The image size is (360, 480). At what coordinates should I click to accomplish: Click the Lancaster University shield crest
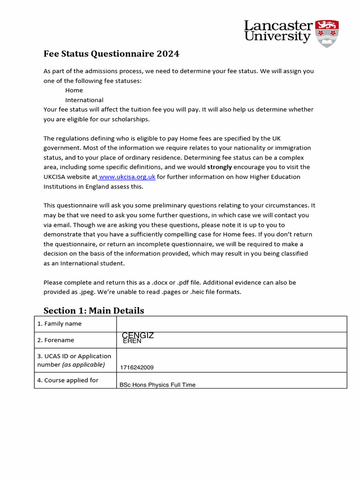(x=327, y=33)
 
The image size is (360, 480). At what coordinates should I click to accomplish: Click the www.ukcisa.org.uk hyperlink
(x=127, y=177)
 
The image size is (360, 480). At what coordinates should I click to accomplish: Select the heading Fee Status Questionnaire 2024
(x=111, y=54)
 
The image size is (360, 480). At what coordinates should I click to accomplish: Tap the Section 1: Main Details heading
(x=94, y=310)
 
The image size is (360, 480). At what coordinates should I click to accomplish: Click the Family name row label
(x=60, y=324)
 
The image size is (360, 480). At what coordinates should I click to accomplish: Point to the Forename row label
(x=56, y=340)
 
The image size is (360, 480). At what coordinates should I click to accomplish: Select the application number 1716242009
(x=136, y=367)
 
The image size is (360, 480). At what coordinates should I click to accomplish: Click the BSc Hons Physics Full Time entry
(x=157, y=385)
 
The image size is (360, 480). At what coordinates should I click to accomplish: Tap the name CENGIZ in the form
(x=138, y=335)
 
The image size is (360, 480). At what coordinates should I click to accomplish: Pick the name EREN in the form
(x=132, y=341)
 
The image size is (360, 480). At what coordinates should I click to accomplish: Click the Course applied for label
(x=68, y=380)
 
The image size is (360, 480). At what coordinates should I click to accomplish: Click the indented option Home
(x=74, y=90)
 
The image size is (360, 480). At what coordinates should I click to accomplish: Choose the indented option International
(x=84, y=100)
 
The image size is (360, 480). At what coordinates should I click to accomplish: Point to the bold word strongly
(x=219, y=167)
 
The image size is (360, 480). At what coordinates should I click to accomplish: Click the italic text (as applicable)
(x=83, y=365)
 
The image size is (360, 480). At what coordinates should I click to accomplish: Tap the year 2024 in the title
(x=168, y=54)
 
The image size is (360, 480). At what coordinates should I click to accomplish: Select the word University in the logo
(x=277, y=37)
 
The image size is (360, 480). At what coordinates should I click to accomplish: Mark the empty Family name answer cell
(x=232, y=324)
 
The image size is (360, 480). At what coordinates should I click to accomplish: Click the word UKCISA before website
(x=56, y=177)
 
